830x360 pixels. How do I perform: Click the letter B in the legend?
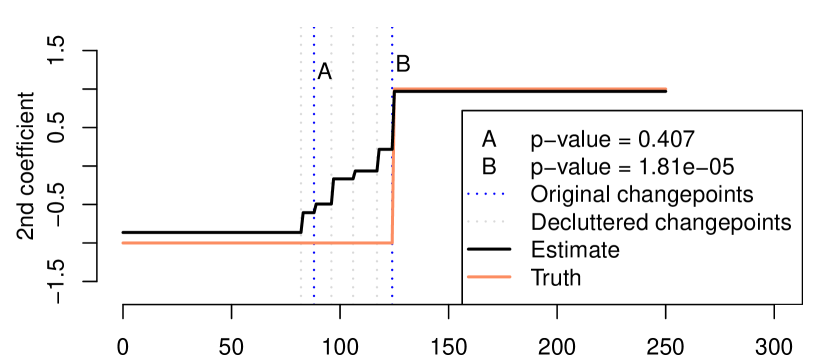489,165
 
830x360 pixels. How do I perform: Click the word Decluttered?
587,221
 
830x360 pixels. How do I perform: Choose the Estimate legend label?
575,248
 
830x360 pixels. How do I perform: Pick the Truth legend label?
556,276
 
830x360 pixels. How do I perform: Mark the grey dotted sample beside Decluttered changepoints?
489,221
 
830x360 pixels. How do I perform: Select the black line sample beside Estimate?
489,248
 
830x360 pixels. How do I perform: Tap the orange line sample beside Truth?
489,276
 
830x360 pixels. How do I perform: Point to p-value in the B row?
565,165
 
